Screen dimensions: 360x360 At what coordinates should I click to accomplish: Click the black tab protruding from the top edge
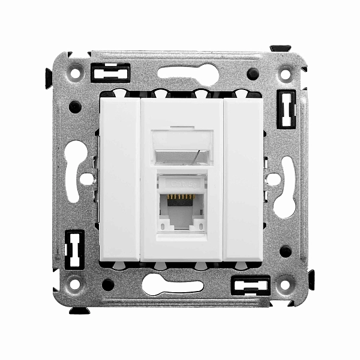pyautogui.click(x=280, y=48)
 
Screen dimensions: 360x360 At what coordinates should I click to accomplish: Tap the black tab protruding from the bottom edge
pyautogui.click(x=79, y=310)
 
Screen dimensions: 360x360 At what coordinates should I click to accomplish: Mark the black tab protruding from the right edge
pyautogui.click(x=311, y=280)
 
